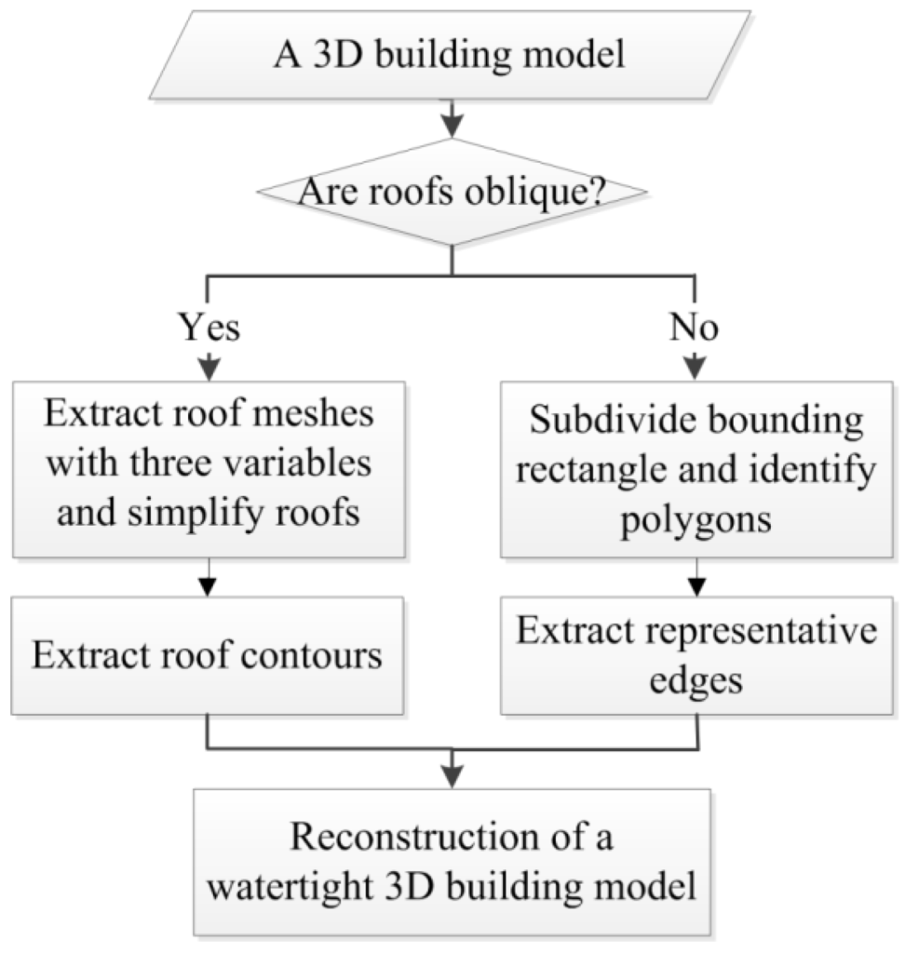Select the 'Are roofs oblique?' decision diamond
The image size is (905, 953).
point(451,193)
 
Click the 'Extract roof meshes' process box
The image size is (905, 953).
point(207,463)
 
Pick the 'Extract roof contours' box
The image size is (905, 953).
point(207,655)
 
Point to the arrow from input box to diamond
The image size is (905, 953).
point(451,117)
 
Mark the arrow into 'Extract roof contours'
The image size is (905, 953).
point(207,579)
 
